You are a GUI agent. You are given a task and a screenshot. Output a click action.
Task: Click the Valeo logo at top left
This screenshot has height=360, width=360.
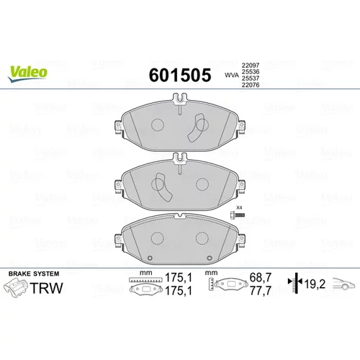tap(27, 73)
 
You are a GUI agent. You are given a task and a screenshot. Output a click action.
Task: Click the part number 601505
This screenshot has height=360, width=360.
tap(180, 75)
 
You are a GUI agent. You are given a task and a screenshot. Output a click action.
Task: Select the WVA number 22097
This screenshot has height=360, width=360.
tap(251, 65)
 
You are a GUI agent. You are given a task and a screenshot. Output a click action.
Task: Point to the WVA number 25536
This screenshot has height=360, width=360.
tap(251, 71)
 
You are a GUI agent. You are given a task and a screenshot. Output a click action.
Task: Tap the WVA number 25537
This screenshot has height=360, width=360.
tap(251, 78)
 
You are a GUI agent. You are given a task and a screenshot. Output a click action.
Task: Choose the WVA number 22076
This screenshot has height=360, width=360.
tap(251, 85)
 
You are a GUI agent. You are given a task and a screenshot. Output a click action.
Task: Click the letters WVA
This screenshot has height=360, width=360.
tap(232, 75)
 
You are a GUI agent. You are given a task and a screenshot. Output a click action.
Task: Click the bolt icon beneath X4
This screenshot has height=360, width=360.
tap(237, 215)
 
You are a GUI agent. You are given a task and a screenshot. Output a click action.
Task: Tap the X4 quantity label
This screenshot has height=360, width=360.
tap(239, 207)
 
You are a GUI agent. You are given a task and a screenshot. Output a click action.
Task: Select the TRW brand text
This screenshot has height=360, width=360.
tap(47, 288)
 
